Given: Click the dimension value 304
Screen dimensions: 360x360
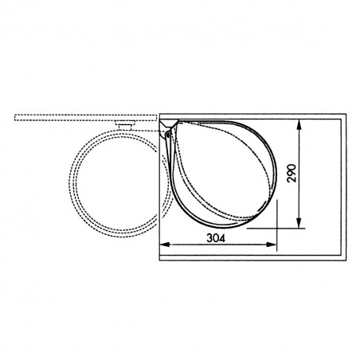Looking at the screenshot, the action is tap(216, 238).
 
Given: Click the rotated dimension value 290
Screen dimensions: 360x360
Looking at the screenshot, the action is tap(292, 174).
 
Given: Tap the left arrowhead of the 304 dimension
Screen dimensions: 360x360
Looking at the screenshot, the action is tap(165, 245).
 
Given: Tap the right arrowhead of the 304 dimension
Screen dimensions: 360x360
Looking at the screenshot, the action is tap(272, 245).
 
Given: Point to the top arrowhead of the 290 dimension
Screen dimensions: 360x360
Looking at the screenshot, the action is tap(299, 124).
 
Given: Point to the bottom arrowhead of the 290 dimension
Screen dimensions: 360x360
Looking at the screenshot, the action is tap(299, 223).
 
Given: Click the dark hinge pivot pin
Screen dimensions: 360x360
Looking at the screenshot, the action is tap(168, 135).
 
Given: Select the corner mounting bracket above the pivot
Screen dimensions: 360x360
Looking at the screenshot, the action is tap(168, 124).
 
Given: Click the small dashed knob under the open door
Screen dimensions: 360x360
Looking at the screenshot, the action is tap(125, 125).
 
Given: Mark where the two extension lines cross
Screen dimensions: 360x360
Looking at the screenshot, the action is tap(276, 228).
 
